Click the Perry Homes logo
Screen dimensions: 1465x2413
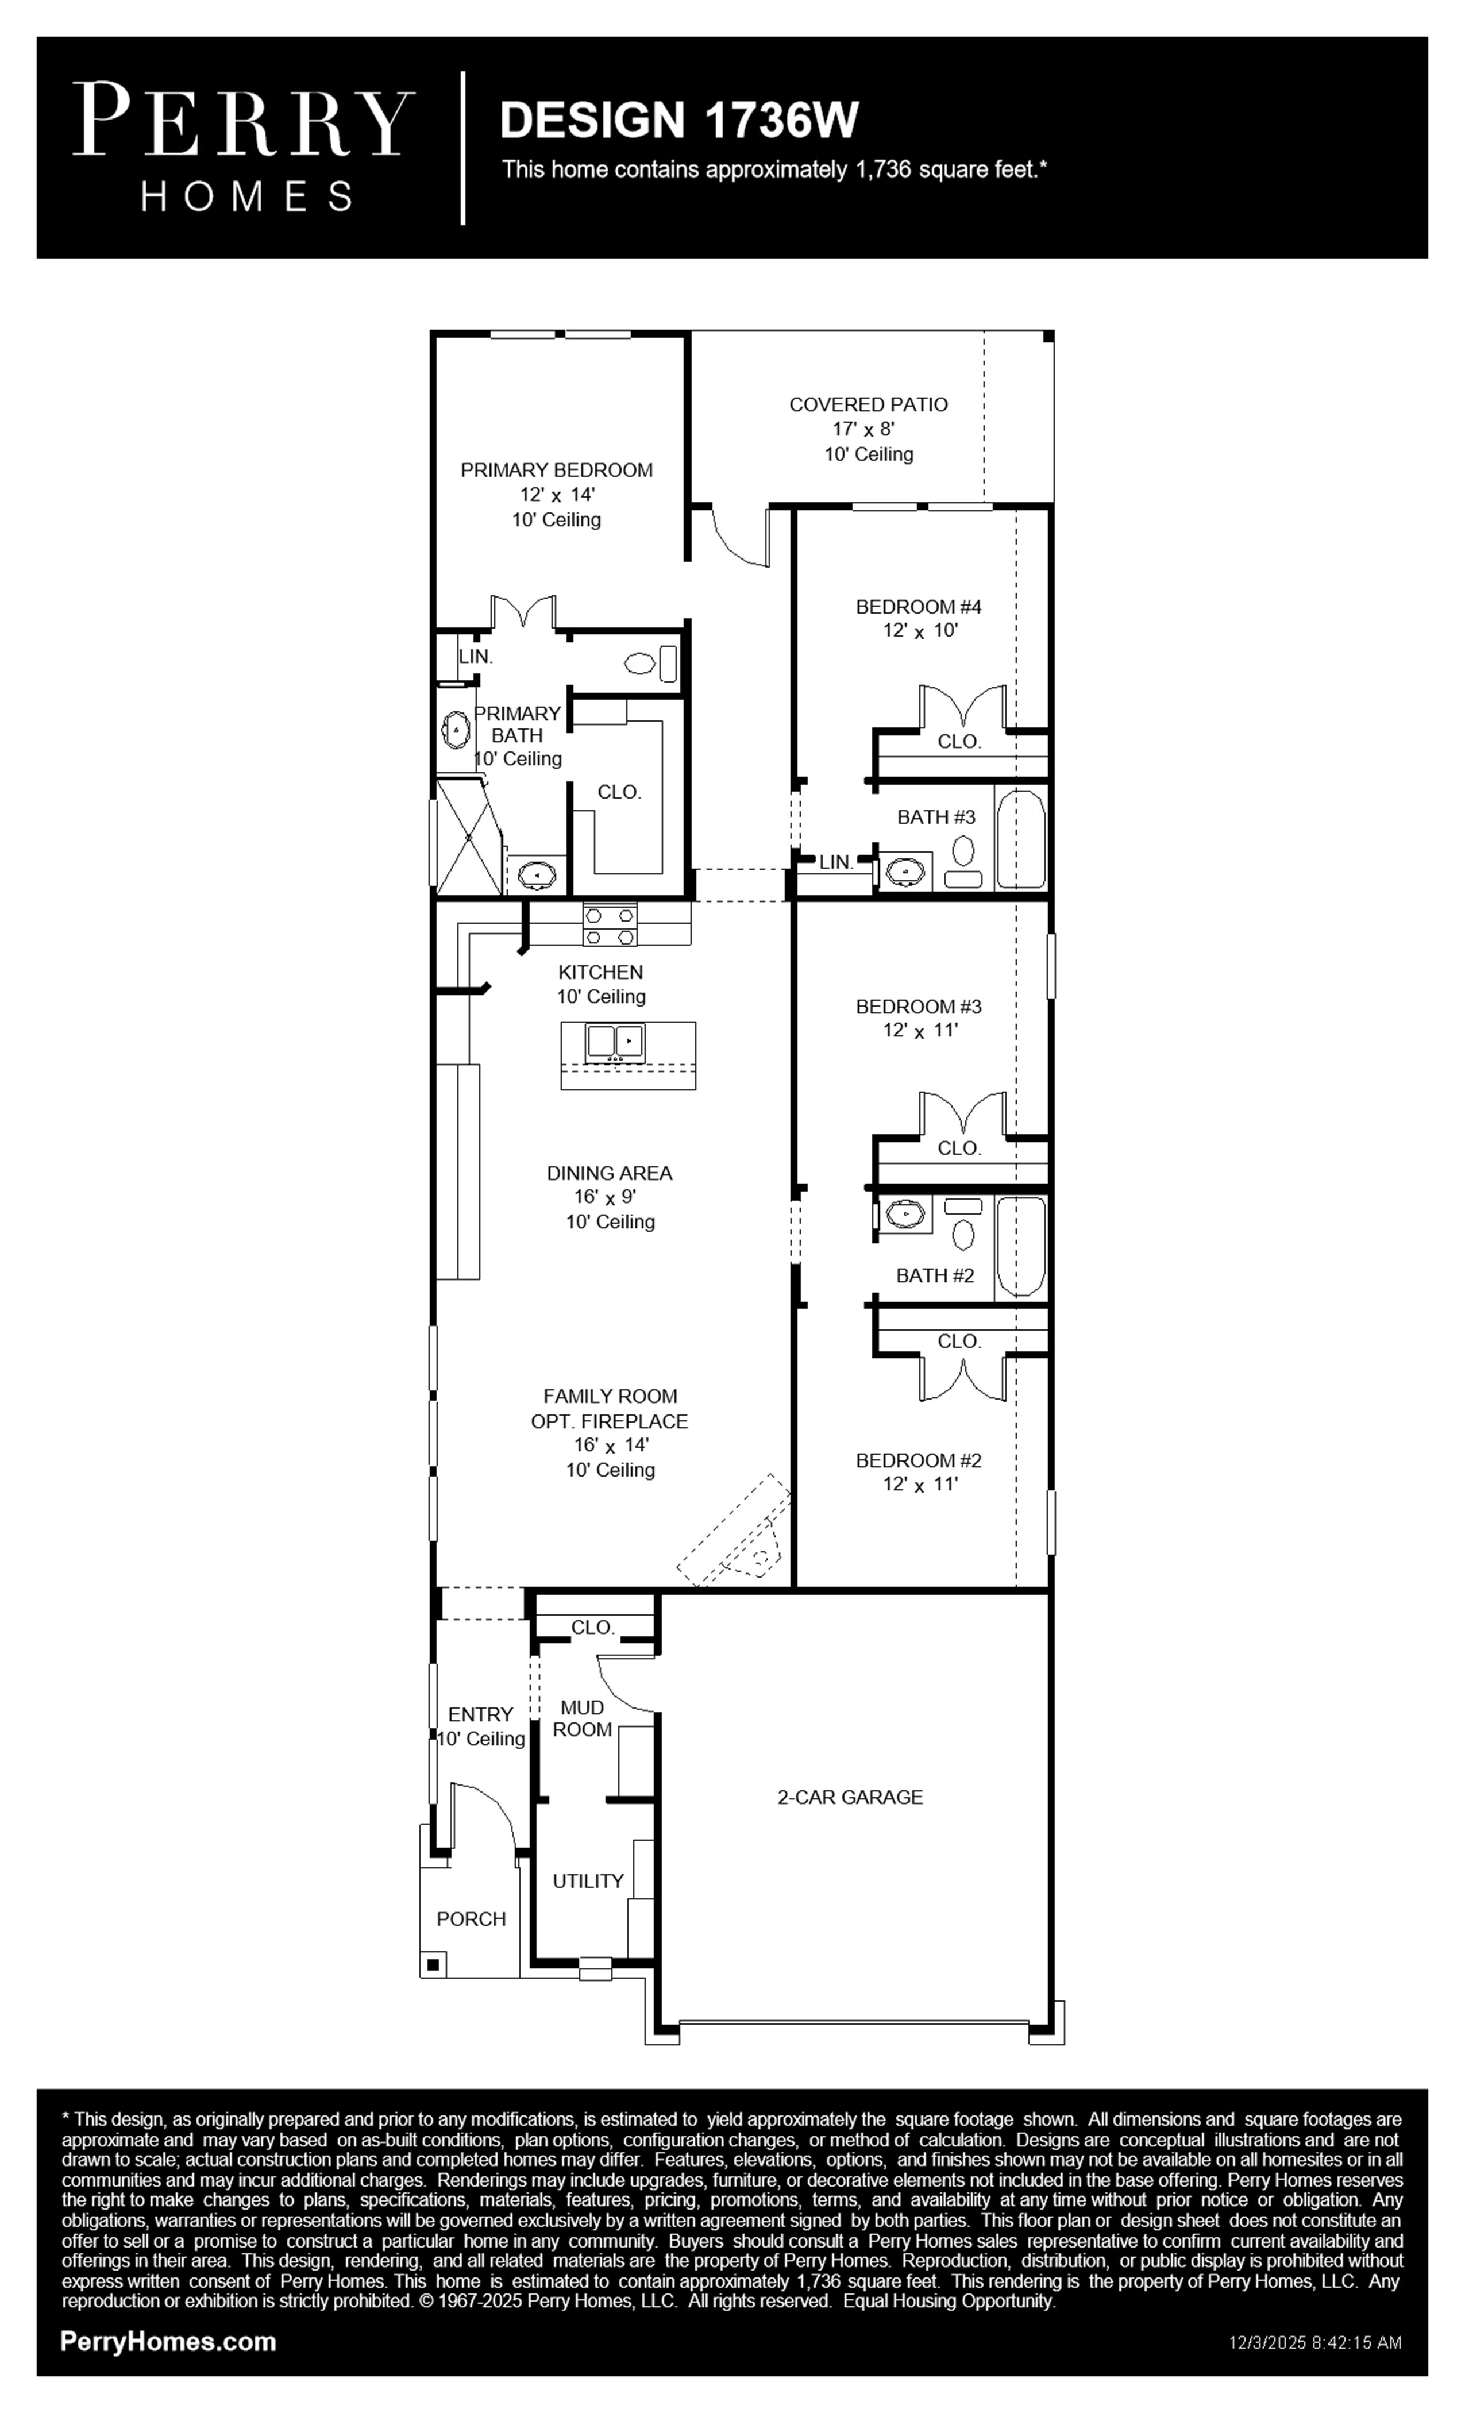click(x=244, y=147)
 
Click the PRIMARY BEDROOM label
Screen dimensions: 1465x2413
click(x=556, y=470)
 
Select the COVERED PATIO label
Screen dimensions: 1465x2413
click(x=869, y=404)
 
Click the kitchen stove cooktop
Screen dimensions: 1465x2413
click(x=609, y=926)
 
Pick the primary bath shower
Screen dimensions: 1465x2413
click(x=468, y=837)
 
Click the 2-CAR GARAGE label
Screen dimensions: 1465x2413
click(x=850, y=1797)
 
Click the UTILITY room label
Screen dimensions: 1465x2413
click(x=588, y=1880)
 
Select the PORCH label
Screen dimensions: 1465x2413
click(x=471, y=1918)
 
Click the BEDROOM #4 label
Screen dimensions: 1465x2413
click(x=919, y=606)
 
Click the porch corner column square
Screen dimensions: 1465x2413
click(x=433, y=1964)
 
